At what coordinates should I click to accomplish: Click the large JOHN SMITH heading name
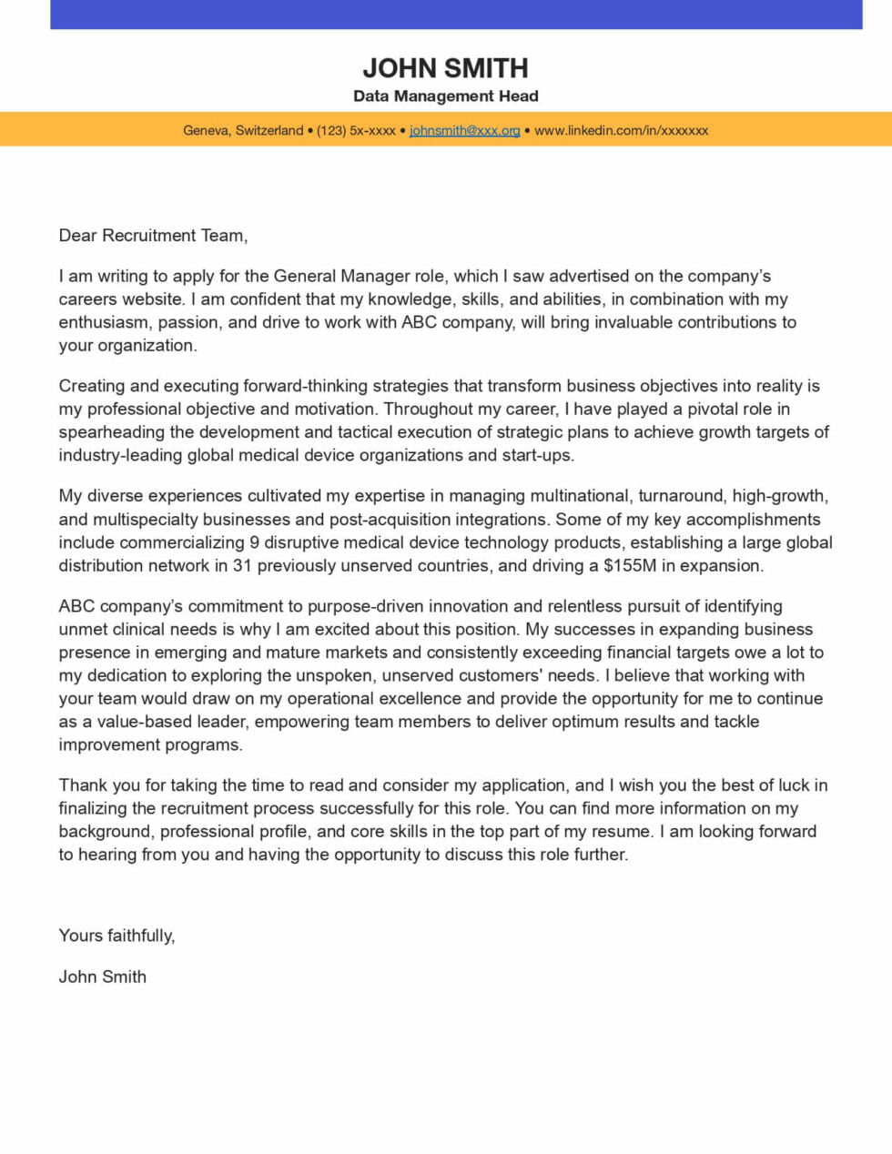[445, 68]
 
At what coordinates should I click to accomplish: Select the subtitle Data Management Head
[445, 96]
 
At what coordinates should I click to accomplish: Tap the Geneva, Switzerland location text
[243, 131]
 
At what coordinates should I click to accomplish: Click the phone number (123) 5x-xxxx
[356, 131]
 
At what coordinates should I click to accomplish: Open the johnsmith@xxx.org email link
[464, 131]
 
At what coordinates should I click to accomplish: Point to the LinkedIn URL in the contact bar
[621, 131]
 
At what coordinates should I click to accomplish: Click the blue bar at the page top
[455, 15]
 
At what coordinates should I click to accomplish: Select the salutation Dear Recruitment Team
[153, 236]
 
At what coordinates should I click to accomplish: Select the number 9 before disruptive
[253, 542]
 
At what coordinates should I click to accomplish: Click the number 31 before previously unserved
[242, 565]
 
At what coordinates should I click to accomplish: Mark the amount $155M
[630, 565]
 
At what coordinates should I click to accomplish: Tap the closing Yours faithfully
[117, 936]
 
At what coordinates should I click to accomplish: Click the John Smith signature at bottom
[102, 977]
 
